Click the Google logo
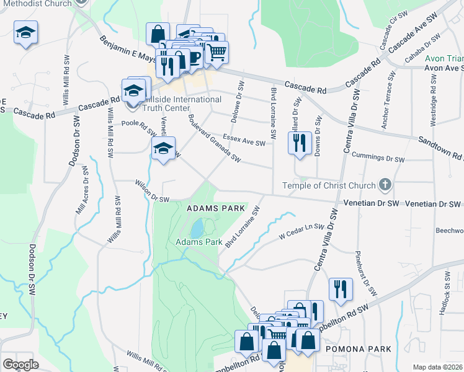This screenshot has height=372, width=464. [20, 364]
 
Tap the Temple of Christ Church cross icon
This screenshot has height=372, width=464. [385, 185]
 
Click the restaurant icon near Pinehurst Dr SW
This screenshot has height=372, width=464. [341, 289]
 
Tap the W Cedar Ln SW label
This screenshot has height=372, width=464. [301, 231]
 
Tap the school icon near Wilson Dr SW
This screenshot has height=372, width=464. [163, 149]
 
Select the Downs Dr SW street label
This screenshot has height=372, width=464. [318, 134]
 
